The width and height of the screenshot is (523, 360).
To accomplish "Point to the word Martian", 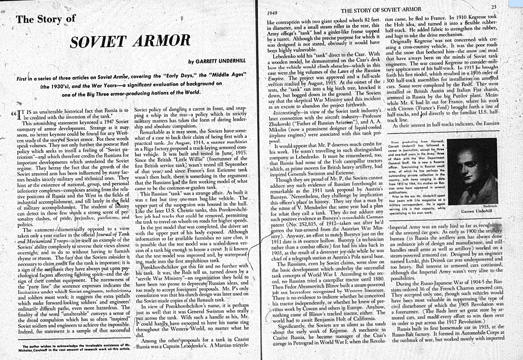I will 224,347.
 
